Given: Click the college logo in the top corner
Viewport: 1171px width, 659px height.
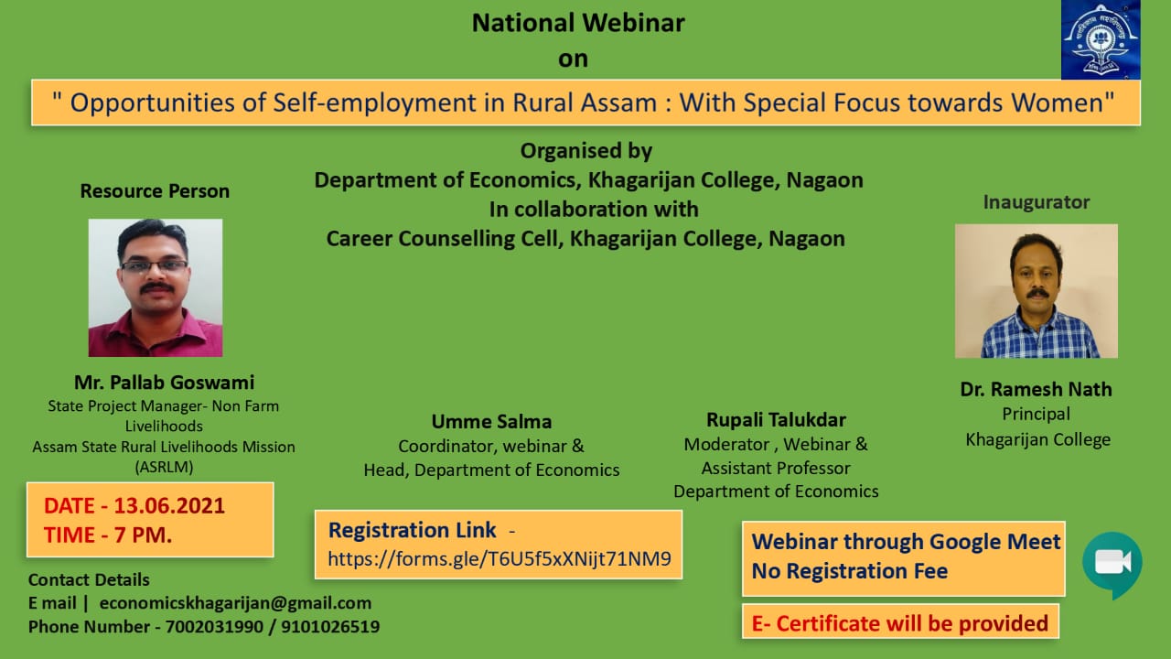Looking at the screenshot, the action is coord(1101,39).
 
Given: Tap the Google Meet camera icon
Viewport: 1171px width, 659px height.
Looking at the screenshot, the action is coord(1112,565).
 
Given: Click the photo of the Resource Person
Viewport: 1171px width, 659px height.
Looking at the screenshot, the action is coord(156,287).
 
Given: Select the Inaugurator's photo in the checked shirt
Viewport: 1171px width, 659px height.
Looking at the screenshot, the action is coord(1037,291).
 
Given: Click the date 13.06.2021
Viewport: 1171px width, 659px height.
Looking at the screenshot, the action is coord(169,506).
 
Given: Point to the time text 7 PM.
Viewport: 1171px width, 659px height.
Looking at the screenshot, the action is coord(143,535).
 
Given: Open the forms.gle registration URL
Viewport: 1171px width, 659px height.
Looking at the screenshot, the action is coord(500,559).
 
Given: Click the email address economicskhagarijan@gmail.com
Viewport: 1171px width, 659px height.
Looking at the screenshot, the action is coord(235,603).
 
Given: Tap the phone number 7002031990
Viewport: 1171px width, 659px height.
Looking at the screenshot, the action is coord(214,627).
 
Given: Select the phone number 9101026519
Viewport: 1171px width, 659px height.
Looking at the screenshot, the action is coord(330,627).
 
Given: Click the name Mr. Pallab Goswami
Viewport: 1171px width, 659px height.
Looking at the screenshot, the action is coord(164,383).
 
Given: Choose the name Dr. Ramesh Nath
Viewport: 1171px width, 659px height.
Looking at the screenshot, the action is coord(1037,389).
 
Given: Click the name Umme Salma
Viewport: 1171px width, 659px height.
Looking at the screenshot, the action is coord(491,422).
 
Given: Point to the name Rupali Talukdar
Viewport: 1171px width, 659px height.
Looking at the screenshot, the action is coord(776,419).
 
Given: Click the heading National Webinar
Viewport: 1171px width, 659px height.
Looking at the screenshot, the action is coord(578,23).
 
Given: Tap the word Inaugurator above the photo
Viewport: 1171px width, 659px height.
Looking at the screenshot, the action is coord(1037,202).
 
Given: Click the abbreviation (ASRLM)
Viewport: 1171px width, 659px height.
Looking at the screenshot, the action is coord(164,467).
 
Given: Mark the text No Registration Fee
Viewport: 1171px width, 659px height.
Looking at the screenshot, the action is coord(850,571).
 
